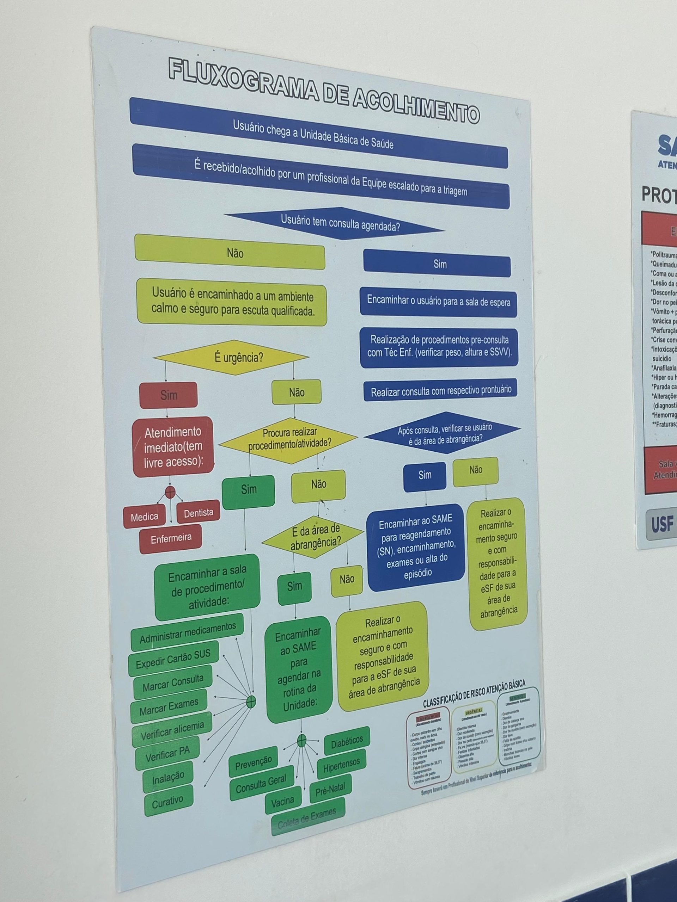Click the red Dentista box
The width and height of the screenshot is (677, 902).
click(x=198, y=513)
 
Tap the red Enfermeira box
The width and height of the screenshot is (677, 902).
click(x=171, y=539)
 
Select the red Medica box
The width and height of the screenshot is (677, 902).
click(x=145, y=517)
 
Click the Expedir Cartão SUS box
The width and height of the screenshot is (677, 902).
click(x=173, y=659)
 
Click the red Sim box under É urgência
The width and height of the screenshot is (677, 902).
click(x=169, y=395)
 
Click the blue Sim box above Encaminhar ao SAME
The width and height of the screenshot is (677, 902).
click(x=425, y=475)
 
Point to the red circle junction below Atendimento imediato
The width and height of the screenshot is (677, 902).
click(x=170, y=492)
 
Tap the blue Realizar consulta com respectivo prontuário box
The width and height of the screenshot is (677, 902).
click(x=441, y=391)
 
